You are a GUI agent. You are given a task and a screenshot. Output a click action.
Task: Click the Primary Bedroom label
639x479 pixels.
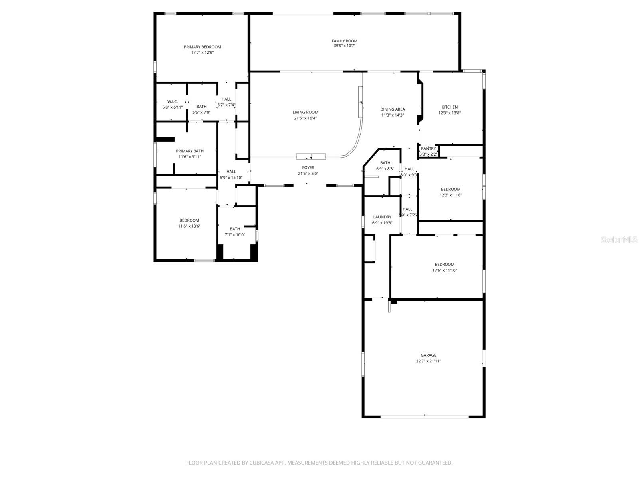click(202, 47)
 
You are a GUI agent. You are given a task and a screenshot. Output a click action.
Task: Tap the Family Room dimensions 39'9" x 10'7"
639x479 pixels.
click(345, 46)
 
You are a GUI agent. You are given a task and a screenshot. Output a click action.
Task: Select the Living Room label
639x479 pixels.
click(305, 112)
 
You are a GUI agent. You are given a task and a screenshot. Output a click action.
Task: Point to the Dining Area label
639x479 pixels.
click(392, 109)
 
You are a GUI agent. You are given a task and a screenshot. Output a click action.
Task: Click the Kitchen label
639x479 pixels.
click(449, 107)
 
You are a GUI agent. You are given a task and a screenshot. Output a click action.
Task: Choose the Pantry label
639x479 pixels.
click(428, 148)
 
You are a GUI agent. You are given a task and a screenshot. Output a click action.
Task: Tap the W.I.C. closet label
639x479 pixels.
click(172, 101)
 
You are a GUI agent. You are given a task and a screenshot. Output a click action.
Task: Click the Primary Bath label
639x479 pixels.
click(190, 151)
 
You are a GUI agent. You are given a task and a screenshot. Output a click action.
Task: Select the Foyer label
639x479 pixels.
click(308, 168)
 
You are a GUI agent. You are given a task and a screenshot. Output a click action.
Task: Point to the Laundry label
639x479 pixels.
click(382, 217)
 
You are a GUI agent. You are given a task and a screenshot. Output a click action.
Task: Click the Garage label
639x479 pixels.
click(428, 355)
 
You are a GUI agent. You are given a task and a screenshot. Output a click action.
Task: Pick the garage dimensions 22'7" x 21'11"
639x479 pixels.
click(428, 361)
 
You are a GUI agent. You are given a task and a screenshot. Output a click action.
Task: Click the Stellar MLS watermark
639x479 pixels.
click(619, 240)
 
